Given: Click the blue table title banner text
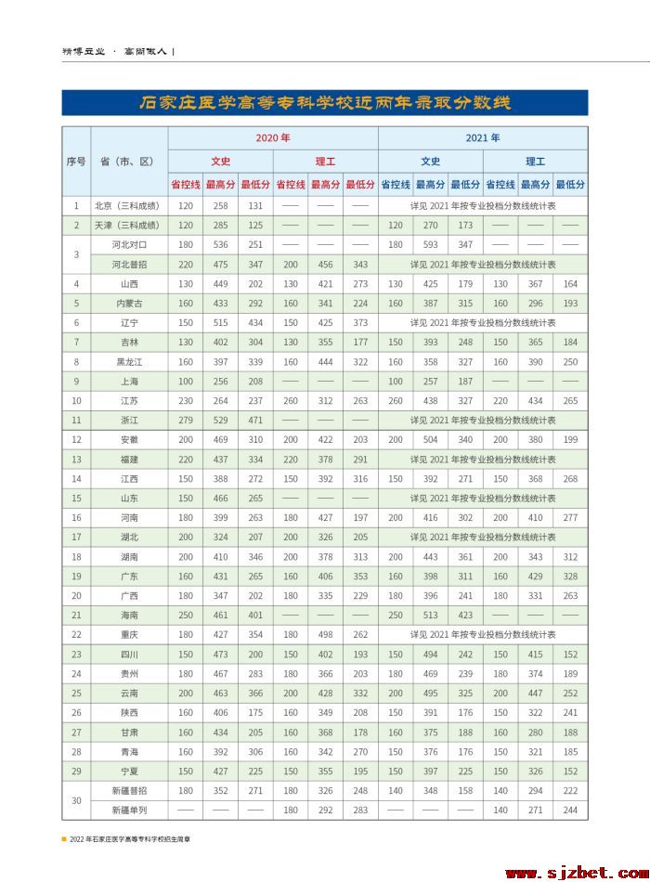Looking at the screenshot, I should (325, 102).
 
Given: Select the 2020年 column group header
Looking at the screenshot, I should (273, 137).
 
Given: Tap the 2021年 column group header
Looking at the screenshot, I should (483, 137).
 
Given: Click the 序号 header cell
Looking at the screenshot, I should (76, 161).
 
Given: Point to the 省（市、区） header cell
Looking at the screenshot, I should (127, 161).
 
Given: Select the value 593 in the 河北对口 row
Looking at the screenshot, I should (431, 244).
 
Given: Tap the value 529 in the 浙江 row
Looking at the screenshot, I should (220, 420).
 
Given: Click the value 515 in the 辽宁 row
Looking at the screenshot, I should (220, 322).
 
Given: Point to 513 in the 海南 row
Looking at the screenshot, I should (431, 615).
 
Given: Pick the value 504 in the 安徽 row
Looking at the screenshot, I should (431, 439).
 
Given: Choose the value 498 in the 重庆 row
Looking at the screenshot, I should (326, 634).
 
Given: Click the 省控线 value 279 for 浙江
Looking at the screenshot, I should (185, 420).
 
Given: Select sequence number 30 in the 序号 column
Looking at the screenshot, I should (76, 800).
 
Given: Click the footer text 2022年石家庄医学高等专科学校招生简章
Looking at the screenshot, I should (130, 837).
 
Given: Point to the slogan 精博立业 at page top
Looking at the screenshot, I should (82, 52).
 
